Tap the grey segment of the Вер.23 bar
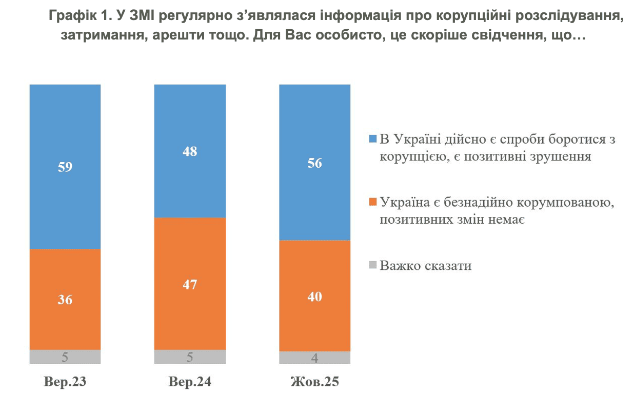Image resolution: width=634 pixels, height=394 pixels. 65,357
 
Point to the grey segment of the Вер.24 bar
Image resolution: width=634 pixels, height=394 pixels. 190,357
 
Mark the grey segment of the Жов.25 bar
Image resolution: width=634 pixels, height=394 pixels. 314,358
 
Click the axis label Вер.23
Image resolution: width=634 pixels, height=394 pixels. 65,382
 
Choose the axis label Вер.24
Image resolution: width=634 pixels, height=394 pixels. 190,382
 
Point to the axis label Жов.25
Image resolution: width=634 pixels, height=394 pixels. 314,382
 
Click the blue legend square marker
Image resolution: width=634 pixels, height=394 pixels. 373,139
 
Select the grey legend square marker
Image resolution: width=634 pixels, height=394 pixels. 373,265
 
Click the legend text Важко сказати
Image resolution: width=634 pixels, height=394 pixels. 425,266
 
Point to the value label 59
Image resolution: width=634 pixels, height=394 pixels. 65,167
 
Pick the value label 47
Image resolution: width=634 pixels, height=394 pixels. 190,284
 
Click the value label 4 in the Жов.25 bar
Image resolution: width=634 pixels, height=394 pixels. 314,358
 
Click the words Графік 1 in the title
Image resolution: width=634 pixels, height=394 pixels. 76,16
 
